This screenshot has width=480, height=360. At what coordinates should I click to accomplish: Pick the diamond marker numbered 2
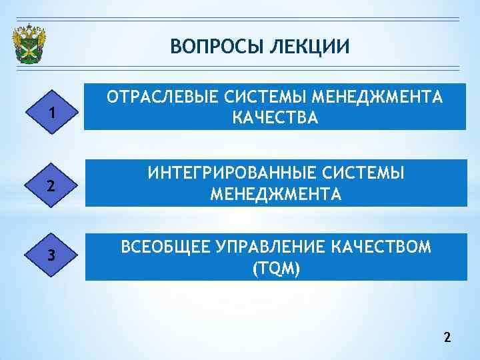point(51,186)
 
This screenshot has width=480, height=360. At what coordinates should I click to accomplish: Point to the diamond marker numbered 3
point(51,257)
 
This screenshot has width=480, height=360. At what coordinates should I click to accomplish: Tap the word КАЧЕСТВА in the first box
point(275,119)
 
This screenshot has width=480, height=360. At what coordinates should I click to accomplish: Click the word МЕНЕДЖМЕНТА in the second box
point(275,195)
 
